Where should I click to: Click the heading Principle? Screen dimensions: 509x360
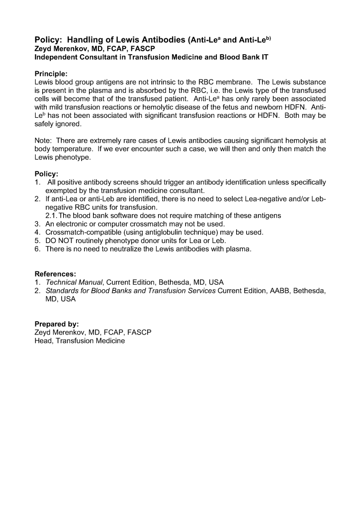[x=51, y=73]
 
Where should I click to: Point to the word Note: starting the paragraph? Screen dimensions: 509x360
[x=43, y=141]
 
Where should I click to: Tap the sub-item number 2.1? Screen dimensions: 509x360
[x=52, y=215]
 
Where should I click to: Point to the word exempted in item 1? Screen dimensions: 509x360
[x=62, y=190]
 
